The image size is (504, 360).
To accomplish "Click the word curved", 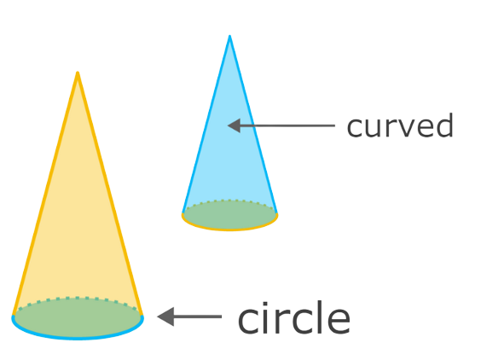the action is [x=400, y=125].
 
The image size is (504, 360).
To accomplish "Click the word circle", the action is [x=293, y=318].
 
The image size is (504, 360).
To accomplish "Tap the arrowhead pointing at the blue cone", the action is [x=234, y=125].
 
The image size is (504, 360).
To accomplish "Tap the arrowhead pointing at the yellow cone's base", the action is [x=165, y=316].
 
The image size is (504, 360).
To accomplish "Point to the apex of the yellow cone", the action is [x=78, y=73].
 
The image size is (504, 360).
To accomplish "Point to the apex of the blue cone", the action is [x=229, y=36].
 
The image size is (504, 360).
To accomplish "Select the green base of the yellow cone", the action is [x=78, y=317].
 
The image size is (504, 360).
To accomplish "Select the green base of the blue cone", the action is [x=229, y=215].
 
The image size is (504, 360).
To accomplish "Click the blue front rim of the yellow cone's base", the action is [x=78, y=338].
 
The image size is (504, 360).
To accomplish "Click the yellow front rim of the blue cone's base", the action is [x=229, y=229].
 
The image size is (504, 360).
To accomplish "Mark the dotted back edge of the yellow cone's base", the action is [x=78, y=299].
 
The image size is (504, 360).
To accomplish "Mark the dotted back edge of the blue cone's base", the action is [x=229, y=200].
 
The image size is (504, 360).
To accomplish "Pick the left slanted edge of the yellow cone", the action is [x=45, y=194].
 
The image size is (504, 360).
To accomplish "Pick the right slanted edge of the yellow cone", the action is [x=110, y=194].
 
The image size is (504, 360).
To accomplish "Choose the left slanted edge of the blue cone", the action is [x=206, y=125].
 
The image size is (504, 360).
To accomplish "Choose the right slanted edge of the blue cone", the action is [x=253, y=125].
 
